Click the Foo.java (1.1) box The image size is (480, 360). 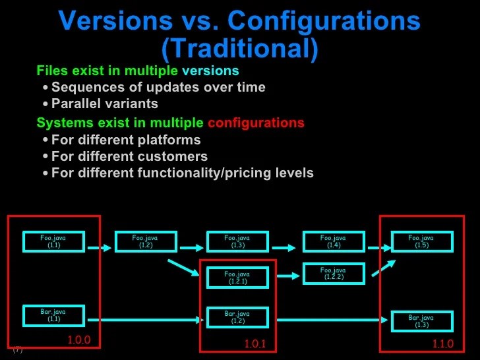click(53, 241)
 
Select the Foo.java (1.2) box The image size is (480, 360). click(146, 241)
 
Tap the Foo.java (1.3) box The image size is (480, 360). click(237, 241)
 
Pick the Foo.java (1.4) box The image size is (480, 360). click(334, 241)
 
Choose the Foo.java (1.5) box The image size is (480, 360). click(422, 241)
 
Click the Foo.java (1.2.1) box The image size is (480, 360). click(237, 278)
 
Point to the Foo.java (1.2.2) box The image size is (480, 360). click(334, 273)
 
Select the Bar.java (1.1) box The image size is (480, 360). click(53, 315)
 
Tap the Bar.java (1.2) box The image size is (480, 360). click(237, 317)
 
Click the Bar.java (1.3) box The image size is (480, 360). click(422, 321)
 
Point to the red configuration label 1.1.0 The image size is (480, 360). click(443, 344)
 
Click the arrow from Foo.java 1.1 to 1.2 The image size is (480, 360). click(100, 248)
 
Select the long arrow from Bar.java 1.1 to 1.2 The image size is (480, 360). click(145, 320)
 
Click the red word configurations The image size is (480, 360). click(256, 123)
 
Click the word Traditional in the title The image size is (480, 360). click(239, 48)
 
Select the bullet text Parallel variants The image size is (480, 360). click(104, 104)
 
